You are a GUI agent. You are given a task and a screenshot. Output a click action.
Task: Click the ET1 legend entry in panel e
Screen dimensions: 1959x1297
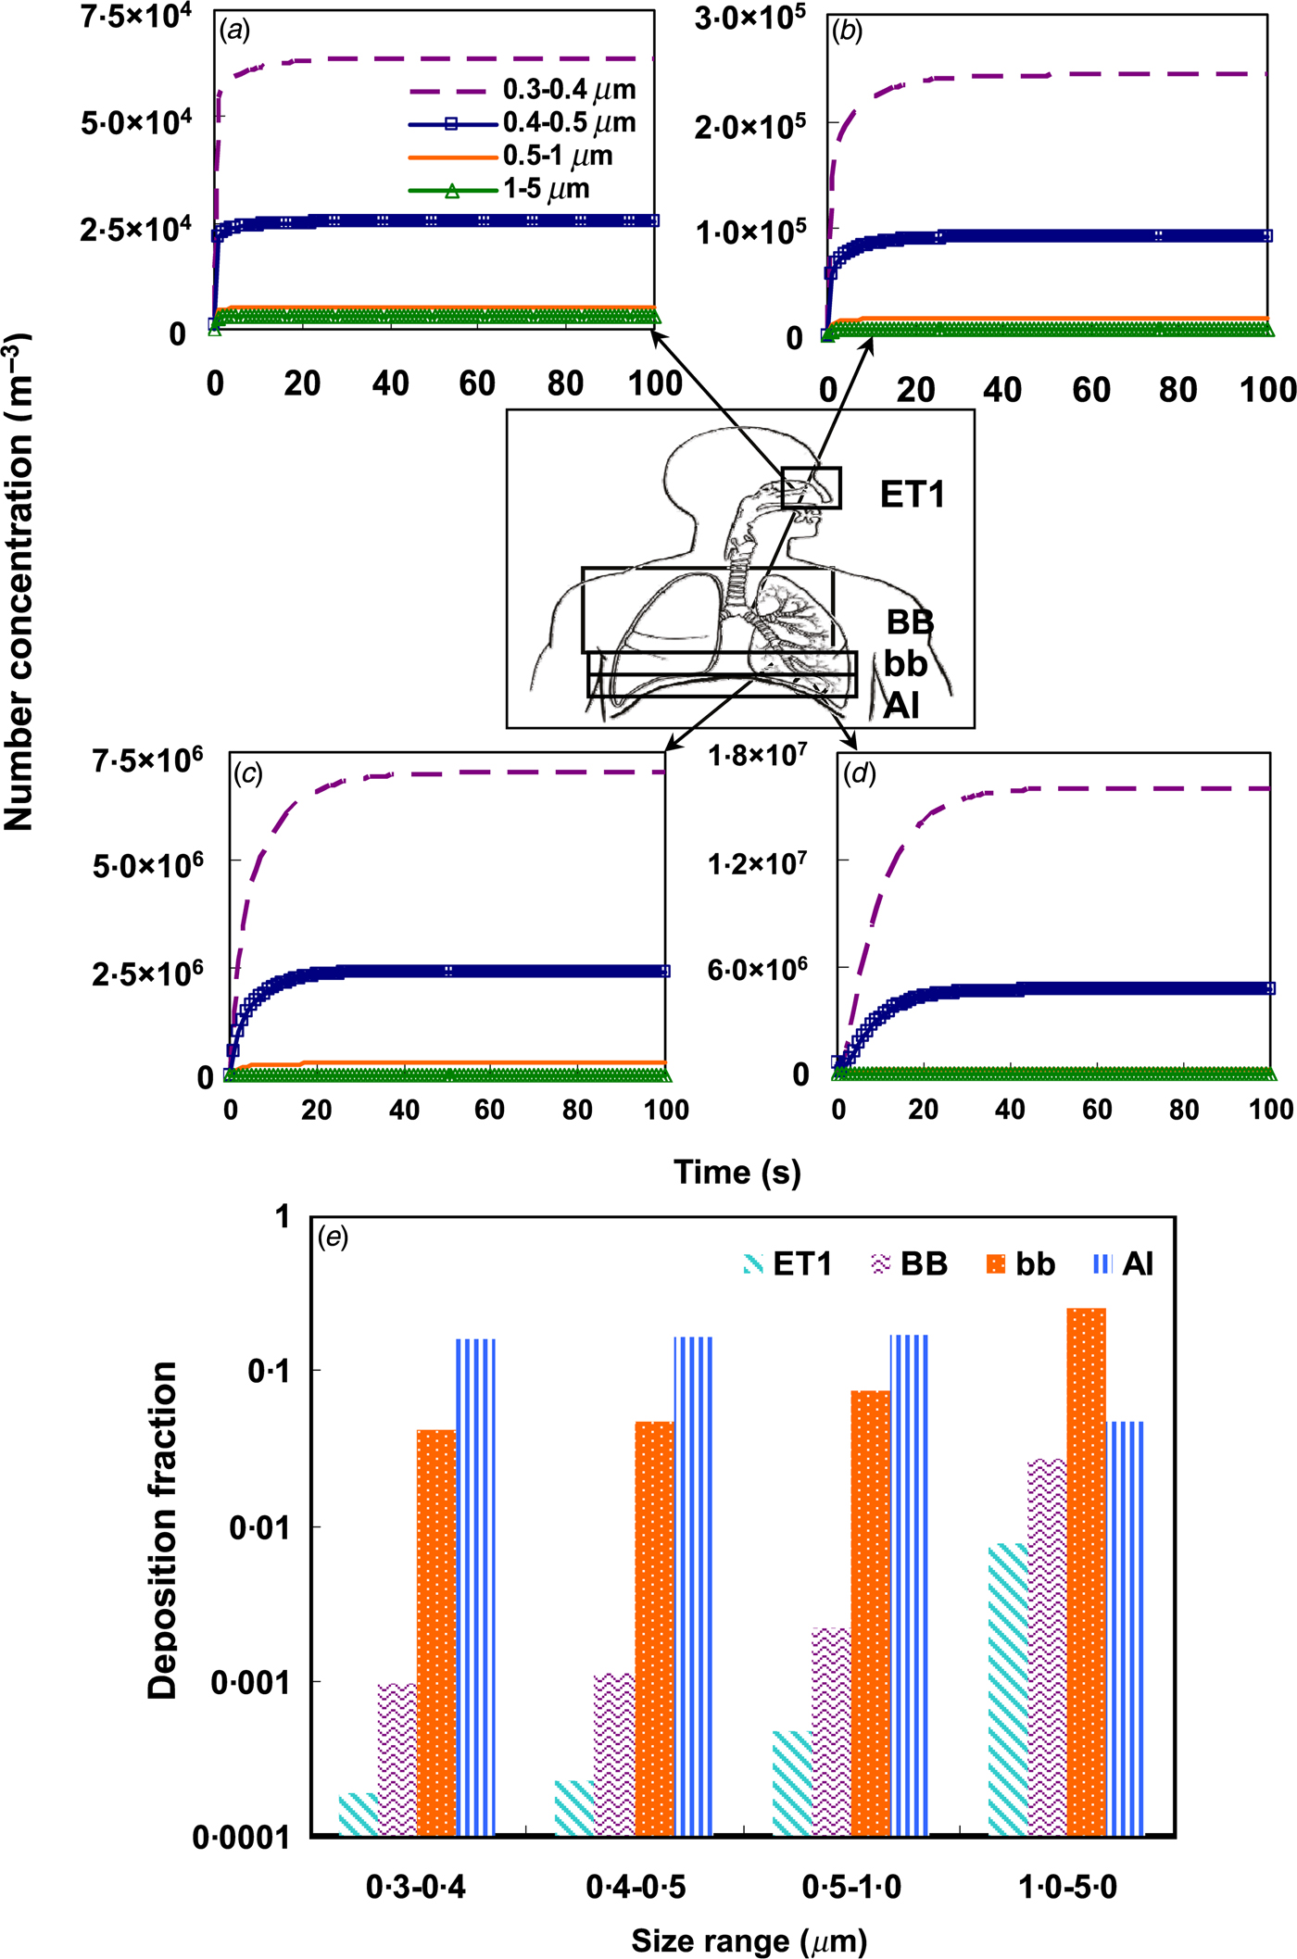point(787,1264)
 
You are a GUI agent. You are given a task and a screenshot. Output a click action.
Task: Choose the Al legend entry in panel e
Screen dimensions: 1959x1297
point(1123,1264)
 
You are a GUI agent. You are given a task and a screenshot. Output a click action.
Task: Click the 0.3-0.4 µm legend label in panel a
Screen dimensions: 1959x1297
point(569,90)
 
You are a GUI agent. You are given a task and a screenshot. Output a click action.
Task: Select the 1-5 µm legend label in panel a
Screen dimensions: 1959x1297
point(546,189)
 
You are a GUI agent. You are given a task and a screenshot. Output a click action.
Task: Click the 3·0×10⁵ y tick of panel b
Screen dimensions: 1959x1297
point(750,19)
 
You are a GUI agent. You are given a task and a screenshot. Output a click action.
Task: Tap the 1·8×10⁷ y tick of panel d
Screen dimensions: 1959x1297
point(757,757)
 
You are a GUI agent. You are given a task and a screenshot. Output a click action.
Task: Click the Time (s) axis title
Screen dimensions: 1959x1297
point(737,1172)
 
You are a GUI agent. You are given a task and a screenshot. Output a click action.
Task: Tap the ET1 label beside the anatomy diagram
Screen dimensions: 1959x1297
point(913,495)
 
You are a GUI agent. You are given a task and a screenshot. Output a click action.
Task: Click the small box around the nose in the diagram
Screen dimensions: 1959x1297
point(811,488)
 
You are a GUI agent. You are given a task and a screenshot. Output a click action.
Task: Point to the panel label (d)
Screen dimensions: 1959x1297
point(859,773)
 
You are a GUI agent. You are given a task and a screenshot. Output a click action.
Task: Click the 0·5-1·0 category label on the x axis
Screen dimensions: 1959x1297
point(851,1887)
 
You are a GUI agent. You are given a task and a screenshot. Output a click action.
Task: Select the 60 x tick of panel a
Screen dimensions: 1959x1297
point(477,383)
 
